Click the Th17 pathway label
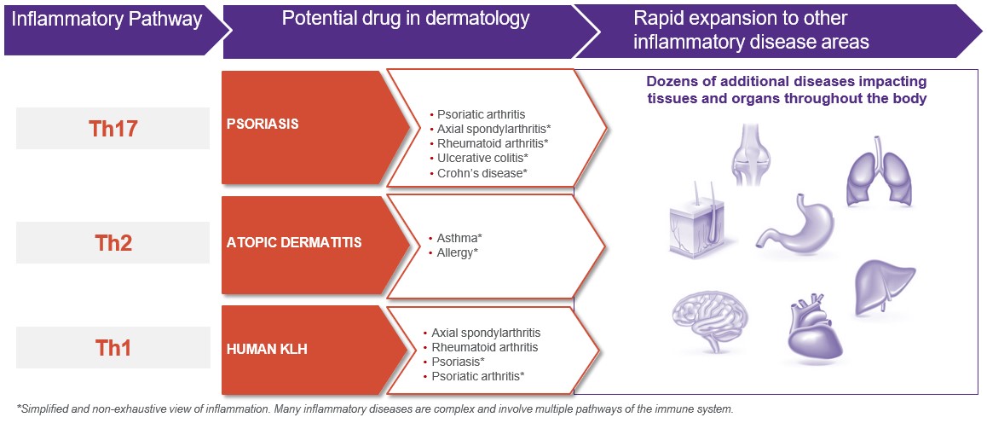(x=113, y=129)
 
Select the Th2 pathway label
(x=113, y=242)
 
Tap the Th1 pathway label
(x=113, y=347)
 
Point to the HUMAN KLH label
(x=267, y=347)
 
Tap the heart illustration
(x=817, y=328)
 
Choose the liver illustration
(x=885, y=287)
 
